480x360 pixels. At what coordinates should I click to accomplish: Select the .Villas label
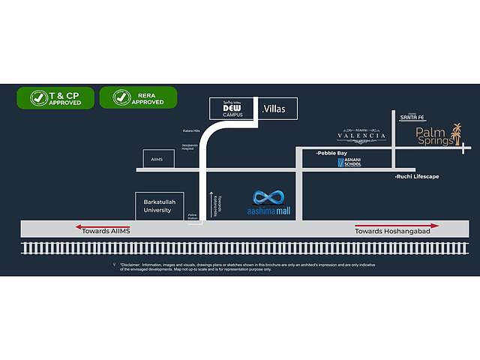click(275, 109)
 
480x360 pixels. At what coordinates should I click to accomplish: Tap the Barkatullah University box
click(158, 206)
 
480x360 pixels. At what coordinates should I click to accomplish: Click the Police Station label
click(193, 216)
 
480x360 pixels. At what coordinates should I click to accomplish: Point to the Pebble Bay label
click(332, 153)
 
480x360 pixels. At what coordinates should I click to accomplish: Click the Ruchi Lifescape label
click(417, 176)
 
